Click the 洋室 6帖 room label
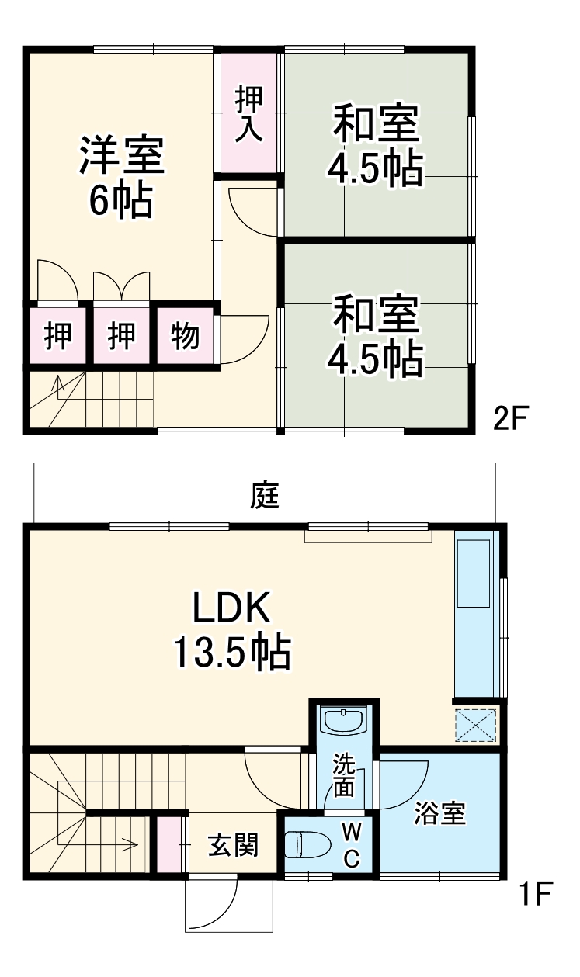[122, 177]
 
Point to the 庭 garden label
[265, 495]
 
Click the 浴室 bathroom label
[439, 814]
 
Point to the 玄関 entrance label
[232, 845]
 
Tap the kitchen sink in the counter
[474, 574]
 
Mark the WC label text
[352, 845]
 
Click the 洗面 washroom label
[344, 775]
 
